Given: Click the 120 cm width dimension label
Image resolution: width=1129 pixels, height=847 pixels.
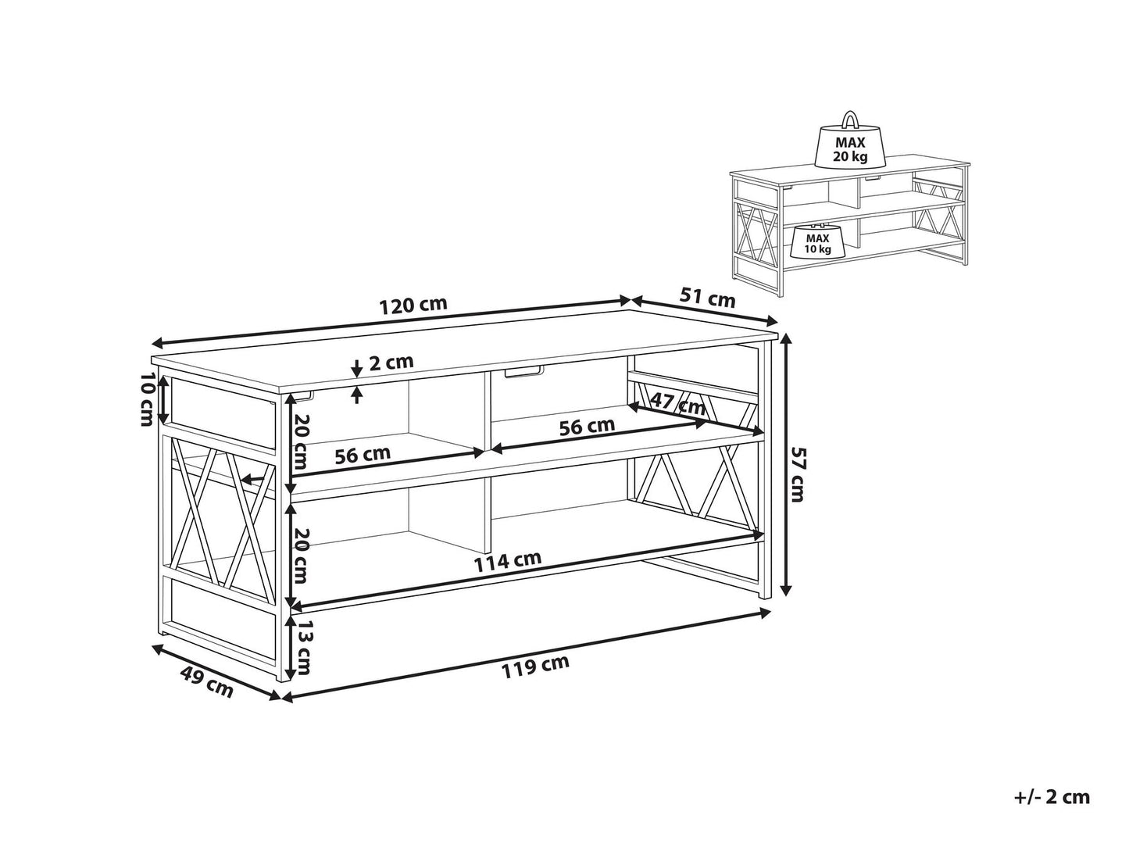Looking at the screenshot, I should pyautogui.click(x=413, y=306).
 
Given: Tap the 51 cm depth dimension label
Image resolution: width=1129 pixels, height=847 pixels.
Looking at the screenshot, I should pyautogui.click(x=709, y=298).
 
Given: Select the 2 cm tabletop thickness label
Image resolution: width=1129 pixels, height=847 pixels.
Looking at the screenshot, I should pyautogui.click(x=391, y=363).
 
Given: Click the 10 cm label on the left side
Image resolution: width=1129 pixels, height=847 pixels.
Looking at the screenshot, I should pyautogui.click(x=146, y=399).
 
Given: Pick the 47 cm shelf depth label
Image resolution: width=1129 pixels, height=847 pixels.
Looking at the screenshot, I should pyautogui.click(x=679, y=405).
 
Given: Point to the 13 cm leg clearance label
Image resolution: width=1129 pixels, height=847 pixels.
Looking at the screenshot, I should pyautogui.click(x=303, y=649).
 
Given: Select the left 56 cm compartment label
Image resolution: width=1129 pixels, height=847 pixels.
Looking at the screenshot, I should pyautogui.click(x=363, y=456).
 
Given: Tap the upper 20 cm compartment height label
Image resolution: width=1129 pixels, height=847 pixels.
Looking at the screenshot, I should pyautogui.click(x=303, y=439).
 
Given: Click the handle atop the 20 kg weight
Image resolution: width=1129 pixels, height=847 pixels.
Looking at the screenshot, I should pyautogui.click(x=849, y=120).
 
